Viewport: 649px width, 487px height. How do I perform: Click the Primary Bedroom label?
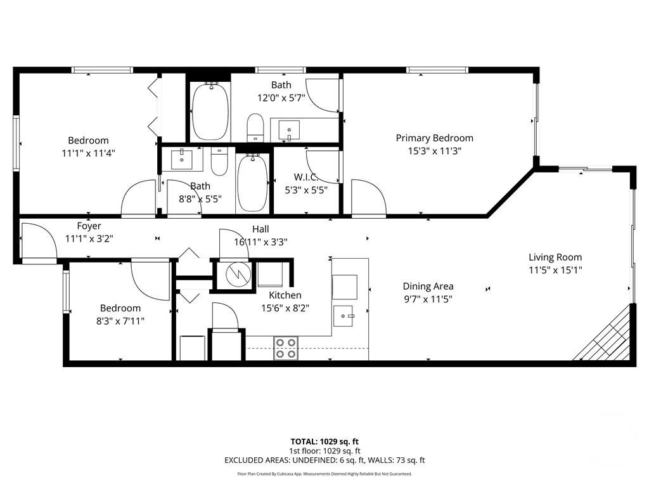pyautogui.click(x=434, y=138)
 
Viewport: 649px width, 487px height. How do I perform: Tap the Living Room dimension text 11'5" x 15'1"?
pyautogui.click(x=555, y=269)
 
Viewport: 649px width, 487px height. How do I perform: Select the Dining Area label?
pyautogui.click(x=428, y=286)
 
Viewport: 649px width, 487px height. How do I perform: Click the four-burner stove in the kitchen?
pyautogui.click(x=286, y=348)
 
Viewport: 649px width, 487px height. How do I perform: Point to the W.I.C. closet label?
pyautogui.click(x=305, y=177)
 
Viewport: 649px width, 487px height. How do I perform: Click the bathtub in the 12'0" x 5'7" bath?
pyautogui.click(x=209, y=112)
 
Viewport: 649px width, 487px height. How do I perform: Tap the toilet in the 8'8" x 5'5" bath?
pyautogui.click(x=219, y=162)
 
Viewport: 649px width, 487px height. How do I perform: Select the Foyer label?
pyautogui.click(x=89, y=226)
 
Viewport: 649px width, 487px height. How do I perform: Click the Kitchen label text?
pyautogui.click(x=285, y=295)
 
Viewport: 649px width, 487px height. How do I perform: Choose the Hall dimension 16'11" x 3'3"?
pyautogui.click(x=260, y=241)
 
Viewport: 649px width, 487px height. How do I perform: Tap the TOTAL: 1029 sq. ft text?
pyautogui.click(x=324, y=441)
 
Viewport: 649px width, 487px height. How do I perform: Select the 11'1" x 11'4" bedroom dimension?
pyautogui.click(x=88, y=153)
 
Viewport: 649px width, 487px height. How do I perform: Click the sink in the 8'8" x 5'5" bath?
pyautogui.click(x=183, y=159)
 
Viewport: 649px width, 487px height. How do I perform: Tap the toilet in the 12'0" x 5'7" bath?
pyautogui.click(x=255, y=127)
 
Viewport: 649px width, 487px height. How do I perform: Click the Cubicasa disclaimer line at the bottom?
pyautogui.click(x=324, y=474)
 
